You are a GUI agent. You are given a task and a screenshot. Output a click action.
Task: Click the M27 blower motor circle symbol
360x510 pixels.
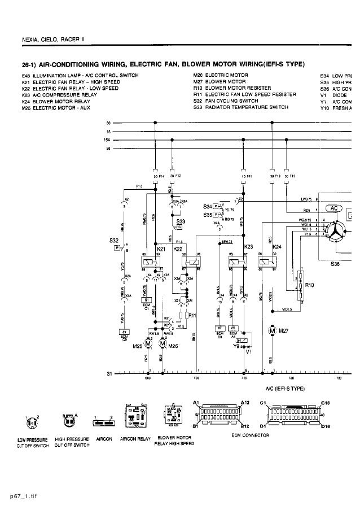[x=271, y=329]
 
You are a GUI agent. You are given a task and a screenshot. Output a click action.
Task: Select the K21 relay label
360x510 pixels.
[x=161, y=249]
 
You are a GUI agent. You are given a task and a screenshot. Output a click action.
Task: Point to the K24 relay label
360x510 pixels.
[x=277, y=247]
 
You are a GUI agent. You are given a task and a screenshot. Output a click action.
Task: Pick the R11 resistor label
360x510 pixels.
[x=192, y=315]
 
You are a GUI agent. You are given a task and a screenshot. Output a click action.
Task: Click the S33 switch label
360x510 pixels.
[x=181, y=222]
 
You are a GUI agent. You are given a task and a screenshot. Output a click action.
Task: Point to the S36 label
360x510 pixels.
[x=338, y=263]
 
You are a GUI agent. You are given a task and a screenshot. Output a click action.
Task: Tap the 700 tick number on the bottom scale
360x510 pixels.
[x=196, y=378]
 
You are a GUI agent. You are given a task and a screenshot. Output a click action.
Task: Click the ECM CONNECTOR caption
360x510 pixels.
[x=250, y=435]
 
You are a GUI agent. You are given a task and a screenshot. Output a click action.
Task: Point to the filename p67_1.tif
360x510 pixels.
[x=19, y=498]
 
